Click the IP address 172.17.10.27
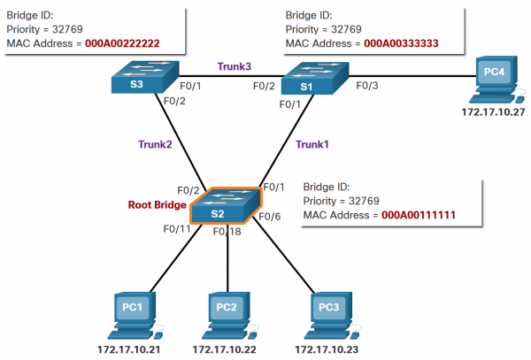tap(490, 114)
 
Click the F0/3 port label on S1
tap(366, 86)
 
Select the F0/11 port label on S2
tap(177, 228)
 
